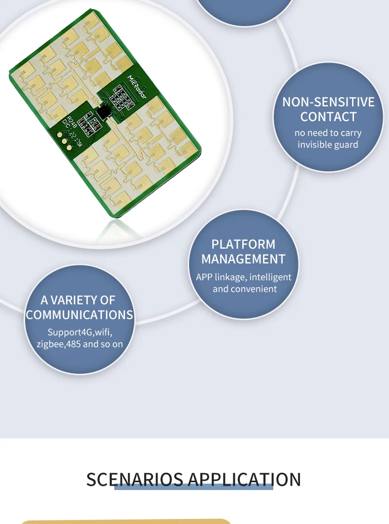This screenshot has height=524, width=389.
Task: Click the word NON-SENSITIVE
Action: point(328,102)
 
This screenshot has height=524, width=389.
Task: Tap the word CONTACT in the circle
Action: point(328,117)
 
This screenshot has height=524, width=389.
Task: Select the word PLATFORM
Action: point(243,244)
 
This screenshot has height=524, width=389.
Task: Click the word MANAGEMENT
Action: point(243,259)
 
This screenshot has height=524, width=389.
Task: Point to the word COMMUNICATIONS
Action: point(80,315)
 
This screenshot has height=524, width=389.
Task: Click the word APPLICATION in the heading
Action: point(244,479)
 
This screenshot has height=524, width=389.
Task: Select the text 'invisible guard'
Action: point(328,145)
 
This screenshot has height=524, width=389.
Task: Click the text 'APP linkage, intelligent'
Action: point(243,277)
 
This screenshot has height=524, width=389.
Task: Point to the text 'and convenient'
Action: point(245,289)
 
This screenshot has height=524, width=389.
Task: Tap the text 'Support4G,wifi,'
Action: point(80,332)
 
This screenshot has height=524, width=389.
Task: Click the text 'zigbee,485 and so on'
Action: point(80,344)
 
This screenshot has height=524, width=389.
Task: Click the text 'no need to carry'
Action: point(328,133)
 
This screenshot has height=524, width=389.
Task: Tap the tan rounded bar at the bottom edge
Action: point(126,521)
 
